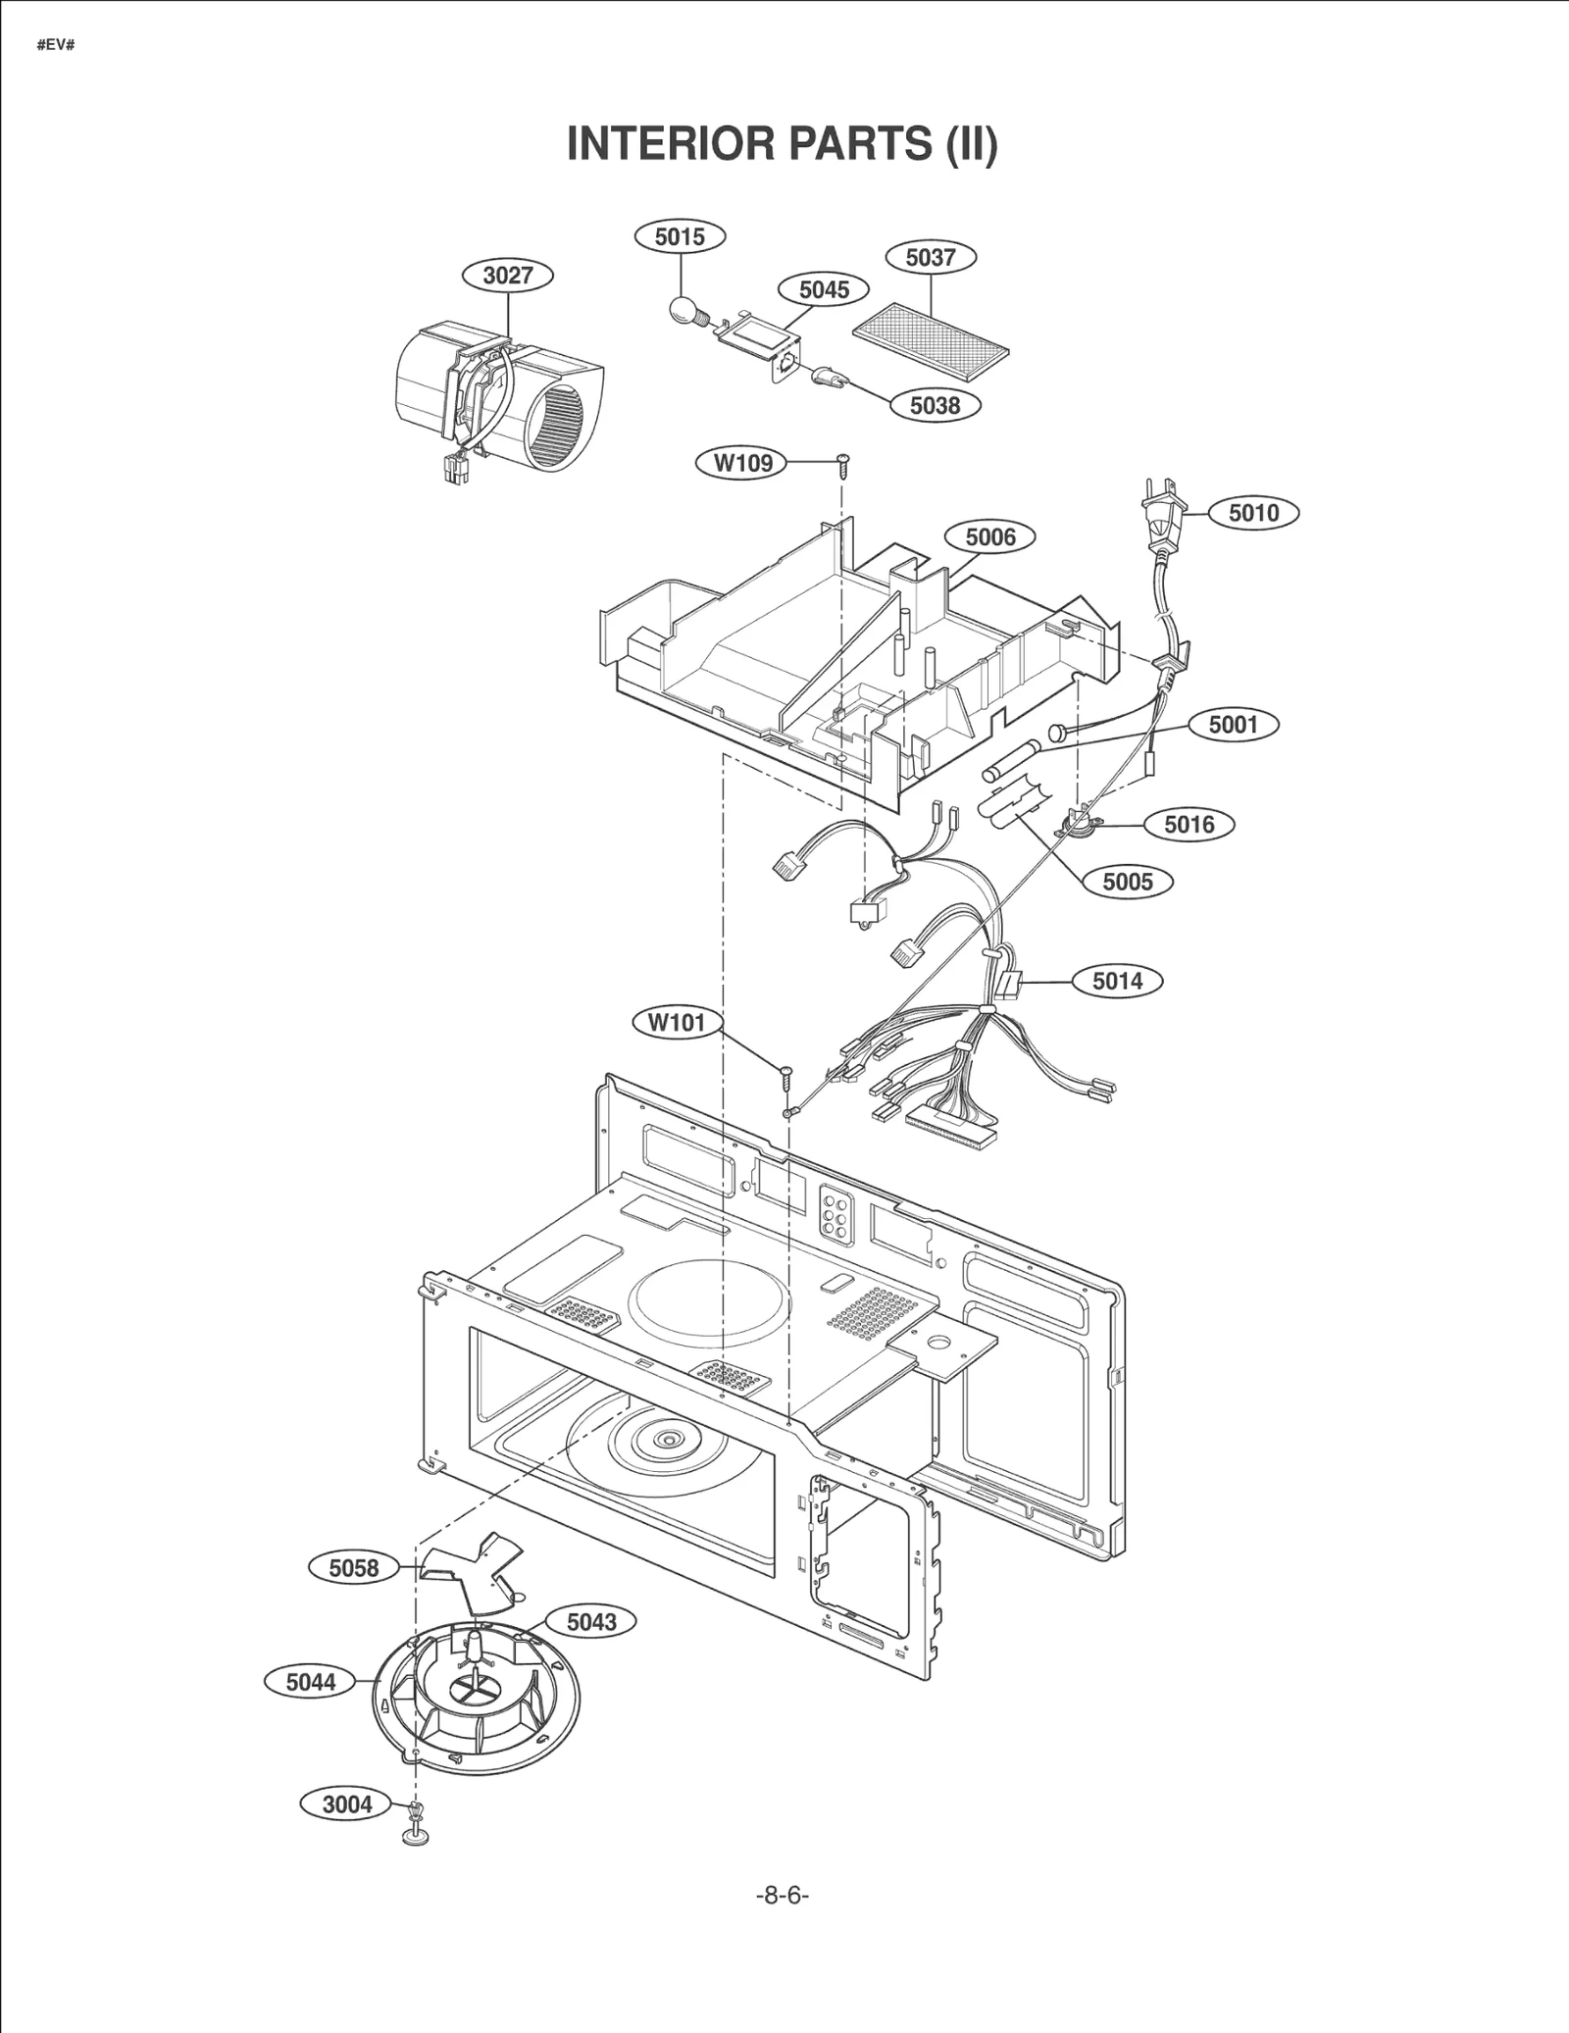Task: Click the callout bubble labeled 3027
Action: point(507,276)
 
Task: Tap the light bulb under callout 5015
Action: point(683,310)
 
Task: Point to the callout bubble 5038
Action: point(935,405)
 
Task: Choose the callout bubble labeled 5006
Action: point(990,537)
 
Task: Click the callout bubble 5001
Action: point(1233,725)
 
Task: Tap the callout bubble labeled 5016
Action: point(1189,825)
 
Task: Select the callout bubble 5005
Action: point(1127,882)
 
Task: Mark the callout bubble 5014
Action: point(1117,981)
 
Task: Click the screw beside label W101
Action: point(785,1076)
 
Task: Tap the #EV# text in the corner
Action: point(56,46)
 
